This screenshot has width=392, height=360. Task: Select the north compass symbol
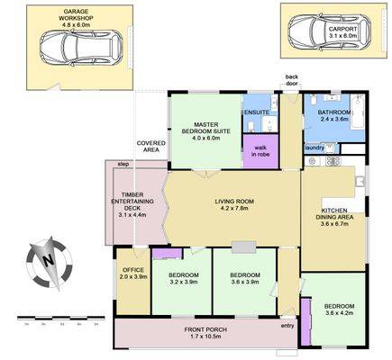pyautogui.click(x=46, y=259)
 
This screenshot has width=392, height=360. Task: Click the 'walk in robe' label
pyautogui.click(x=262, y=150)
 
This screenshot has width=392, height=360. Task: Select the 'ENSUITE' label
pyautogui.click(x=256, y=112)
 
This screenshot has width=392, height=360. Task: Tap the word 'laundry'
pyautogui.click(x=315, y=148)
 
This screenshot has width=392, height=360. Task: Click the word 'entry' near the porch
pyautogui.click(x=287, y=326)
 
